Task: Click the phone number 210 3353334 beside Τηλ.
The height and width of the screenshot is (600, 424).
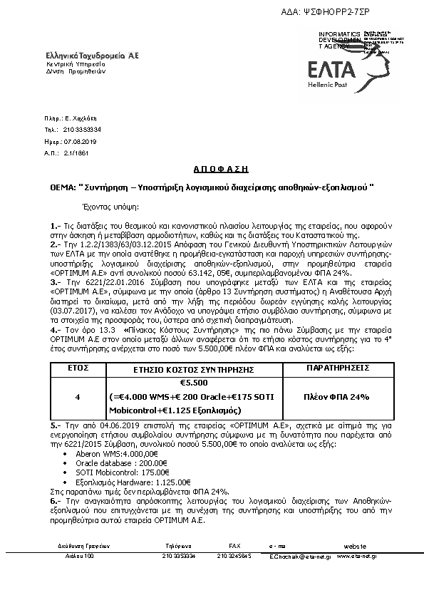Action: [82, 130]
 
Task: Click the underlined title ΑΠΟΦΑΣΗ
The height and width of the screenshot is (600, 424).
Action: [212, 169]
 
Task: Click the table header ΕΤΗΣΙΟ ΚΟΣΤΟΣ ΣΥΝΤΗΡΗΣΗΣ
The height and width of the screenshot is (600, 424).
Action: [185, 370]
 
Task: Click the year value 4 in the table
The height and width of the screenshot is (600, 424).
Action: [77, 395]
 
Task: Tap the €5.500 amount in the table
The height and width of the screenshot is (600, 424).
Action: [184, 382]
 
